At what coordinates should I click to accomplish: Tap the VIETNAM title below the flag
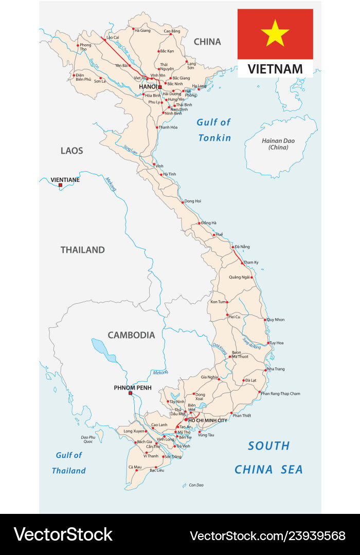coord(275,69)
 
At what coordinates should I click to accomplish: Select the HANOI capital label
coord(148,87)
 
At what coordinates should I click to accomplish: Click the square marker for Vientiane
coord(60,186)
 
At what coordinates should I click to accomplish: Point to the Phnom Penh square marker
coord(131,394)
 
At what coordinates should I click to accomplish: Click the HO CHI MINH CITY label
coord(208,420)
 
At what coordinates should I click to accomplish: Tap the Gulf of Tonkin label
coord(214,130)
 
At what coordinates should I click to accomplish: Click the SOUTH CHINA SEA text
coord(269,457)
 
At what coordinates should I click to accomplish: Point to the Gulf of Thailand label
coord(69,462)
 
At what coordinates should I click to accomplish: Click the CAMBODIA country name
coord(131,335)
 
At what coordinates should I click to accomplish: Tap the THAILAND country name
coord(82,250)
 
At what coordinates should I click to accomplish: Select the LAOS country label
coord(71,151)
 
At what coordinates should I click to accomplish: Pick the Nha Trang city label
coord(276,369)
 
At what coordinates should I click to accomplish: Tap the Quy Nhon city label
coord(276,320)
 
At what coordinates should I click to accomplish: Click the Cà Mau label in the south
coord(135,467)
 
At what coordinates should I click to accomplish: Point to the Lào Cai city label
coord(113,38)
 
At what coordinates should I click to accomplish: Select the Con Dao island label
coord(196,485)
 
